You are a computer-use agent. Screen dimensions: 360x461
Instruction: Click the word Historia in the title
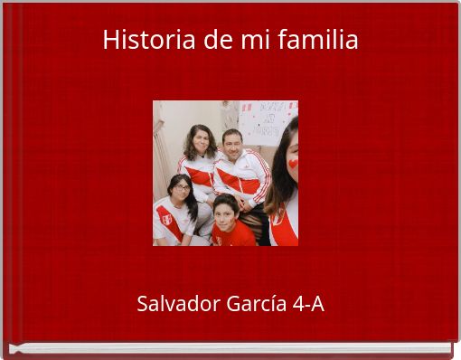(x=139, y=41)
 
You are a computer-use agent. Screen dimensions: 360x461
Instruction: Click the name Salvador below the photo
(x=177, y=304)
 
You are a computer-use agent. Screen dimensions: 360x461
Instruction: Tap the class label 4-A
(x=309, y=304)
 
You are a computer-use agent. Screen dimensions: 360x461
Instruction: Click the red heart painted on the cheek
(x=292, y=164)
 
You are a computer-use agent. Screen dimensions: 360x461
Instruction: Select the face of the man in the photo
(x=232, y=145)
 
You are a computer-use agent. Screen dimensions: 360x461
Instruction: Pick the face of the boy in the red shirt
(x=226, y=211)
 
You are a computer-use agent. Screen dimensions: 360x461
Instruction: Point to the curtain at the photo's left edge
(x=159, y=145)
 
